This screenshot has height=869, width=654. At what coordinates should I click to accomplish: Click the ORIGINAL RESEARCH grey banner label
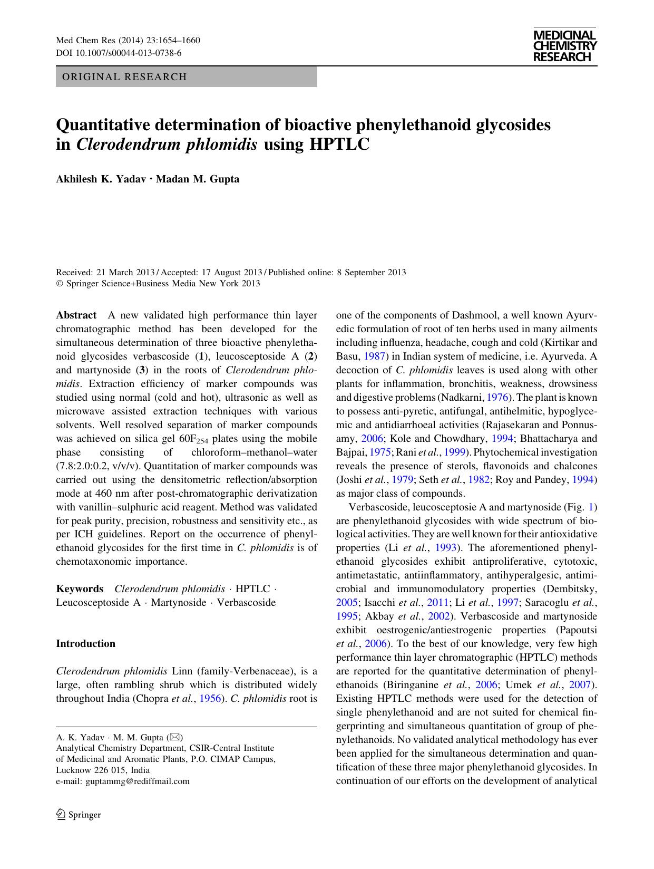124,77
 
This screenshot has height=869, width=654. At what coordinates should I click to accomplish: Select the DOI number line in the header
119,53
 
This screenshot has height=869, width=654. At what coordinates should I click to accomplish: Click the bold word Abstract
76,315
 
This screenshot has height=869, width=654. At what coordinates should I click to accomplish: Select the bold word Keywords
80,588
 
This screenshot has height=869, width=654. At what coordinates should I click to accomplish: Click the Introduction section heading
85,643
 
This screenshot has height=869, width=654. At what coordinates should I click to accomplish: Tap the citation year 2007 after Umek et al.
579,685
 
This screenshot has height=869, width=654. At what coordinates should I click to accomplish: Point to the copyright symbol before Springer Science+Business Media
59,284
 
